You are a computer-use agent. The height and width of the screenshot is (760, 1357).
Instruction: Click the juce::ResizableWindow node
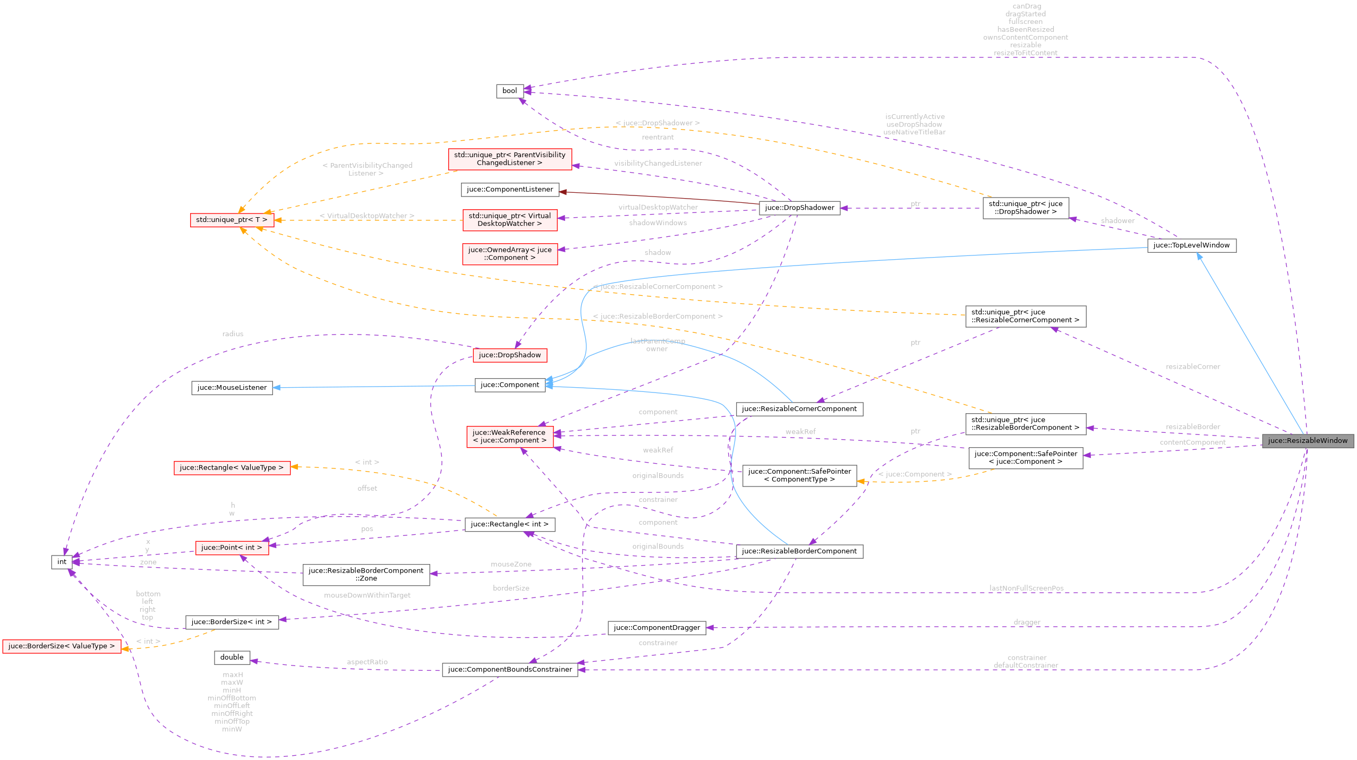coord(1307,441)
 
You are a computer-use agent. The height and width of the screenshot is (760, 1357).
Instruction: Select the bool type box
coord(509,91)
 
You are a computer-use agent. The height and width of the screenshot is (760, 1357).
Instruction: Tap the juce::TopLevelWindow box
coord(1191,245)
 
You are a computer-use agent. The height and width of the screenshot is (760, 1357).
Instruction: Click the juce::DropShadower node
coord(799,208)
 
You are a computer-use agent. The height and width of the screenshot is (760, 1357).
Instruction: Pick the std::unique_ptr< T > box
coord(232,220)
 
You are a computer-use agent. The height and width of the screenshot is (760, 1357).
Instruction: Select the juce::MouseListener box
coord(232,388)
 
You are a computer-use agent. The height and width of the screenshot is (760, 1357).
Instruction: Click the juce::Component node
coord(509,385)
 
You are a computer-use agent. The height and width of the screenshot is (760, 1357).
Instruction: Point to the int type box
coord(62,562)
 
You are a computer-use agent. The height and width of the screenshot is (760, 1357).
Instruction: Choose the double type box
coord(232,657)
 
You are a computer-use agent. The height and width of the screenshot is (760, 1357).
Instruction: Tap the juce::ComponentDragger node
coord(656,628)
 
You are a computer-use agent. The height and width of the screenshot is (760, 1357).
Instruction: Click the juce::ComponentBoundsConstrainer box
coord(509,670)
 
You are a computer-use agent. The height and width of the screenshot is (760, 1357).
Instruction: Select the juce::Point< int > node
coord(232,548)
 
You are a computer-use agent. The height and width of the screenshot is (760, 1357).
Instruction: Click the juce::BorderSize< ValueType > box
coord(62,646)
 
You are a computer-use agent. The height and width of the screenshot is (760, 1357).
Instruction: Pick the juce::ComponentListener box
coord(509,190)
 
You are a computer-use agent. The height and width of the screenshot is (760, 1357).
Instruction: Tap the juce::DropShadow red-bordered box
coord(509,355)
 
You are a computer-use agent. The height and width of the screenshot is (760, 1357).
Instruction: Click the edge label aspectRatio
coord(367,662)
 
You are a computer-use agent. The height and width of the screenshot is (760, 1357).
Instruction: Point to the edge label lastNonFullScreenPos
coord(1026,588)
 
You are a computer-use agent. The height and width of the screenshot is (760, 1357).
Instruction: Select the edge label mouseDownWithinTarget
coord(367,596)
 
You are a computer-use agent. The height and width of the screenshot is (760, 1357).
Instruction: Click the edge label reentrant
coord(658,138)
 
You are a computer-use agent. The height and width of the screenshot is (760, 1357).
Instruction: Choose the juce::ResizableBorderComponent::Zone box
coord(366,575)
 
